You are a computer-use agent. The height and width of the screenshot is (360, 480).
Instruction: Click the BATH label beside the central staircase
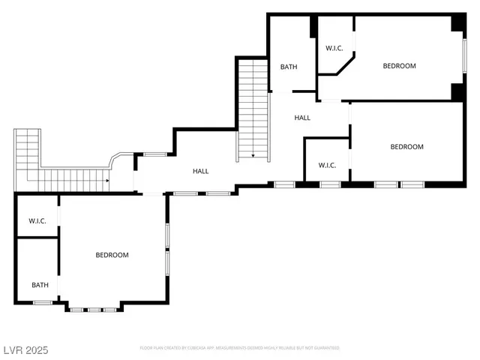289,67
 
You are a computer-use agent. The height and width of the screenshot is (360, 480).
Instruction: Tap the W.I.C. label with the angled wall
334,49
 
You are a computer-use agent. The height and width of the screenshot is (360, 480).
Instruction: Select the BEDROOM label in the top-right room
399,66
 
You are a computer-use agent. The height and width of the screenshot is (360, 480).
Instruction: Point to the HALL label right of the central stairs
302,118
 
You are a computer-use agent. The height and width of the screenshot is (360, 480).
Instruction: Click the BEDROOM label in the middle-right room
406,147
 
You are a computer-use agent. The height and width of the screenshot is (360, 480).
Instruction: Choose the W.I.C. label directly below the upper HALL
327,165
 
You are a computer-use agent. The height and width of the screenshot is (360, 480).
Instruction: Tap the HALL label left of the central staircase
200,171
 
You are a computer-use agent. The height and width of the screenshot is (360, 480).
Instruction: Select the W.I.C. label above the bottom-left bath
37,220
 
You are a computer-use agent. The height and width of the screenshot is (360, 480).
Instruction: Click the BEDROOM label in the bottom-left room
112,255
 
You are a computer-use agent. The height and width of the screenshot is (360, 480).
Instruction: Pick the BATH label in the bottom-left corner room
40,285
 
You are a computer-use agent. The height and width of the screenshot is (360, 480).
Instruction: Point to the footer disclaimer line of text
239,348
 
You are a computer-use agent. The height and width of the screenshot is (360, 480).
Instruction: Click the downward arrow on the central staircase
253,155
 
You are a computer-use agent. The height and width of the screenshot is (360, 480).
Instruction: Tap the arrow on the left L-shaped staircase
108,180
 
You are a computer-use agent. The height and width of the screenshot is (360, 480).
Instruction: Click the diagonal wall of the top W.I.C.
345,65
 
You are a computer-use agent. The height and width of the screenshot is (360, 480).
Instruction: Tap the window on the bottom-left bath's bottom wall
42,302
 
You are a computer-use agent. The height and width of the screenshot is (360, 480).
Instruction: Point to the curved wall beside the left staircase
117,158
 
